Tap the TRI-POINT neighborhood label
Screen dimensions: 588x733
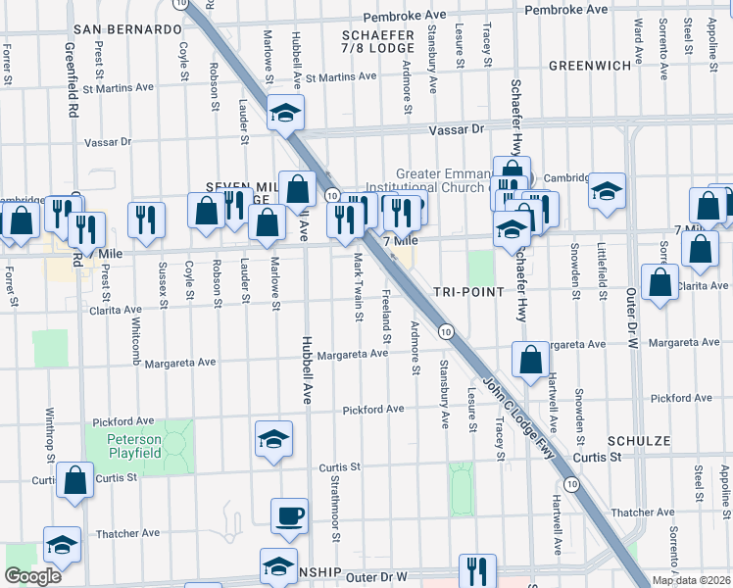(x=468, y=292)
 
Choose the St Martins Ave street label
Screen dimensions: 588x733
(x=340, y=76)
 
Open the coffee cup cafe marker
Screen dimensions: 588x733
(x=288, y=515)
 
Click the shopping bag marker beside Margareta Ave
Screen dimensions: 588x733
(x=530, y=360)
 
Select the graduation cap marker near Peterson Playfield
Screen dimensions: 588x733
(x=273, y=439)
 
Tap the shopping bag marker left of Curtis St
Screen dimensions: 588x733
(x=74, y=481)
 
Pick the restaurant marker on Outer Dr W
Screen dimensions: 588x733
(x=476, y=571)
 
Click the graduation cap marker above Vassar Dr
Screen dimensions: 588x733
(x=285, y=113)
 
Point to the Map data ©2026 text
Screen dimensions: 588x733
(x=691, y=580)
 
